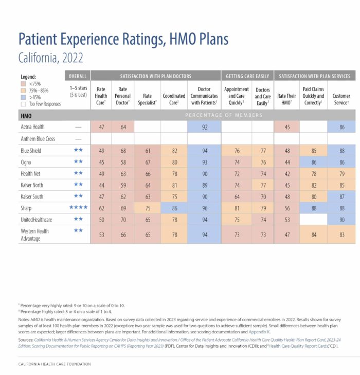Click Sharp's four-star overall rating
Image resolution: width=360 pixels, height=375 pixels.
(x=78, y=208)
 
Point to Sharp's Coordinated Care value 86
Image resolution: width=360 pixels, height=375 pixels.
(x=174, y=208)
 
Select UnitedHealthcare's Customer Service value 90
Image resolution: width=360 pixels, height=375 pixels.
(x=341, y=219)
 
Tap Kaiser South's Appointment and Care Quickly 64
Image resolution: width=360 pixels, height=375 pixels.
(x=237, y=197)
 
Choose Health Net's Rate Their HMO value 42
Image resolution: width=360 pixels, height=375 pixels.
(x=286, y=173)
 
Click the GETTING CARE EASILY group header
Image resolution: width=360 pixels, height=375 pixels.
(x=247, y=76)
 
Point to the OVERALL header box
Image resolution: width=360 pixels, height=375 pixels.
(x=78, y=76)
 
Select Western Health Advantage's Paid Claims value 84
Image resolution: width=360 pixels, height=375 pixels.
(x=313, y=235)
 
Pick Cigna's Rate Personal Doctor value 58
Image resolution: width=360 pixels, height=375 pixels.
(x=122, y=162)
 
